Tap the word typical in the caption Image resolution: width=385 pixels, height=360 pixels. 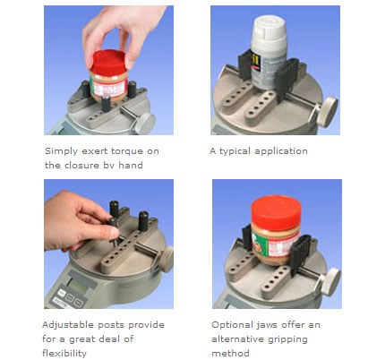235,151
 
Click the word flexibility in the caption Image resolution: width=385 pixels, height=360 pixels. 64,354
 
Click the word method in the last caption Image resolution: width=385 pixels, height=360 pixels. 230,354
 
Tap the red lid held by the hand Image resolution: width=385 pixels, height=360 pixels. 109,63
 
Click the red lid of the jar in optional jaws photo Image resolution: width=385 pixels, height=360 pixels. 276,210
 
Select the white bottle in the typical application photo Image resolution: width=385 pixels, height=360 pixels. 269,51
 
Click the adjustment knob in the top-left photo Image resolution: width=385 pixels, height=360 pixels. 144,123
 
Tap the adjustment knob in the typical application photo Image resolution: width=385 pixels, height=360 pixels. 327,111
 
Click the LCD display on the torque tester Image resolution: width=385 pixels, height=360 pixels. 78,286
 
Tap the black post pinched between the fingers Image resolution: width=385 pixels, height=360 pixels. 112,229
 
